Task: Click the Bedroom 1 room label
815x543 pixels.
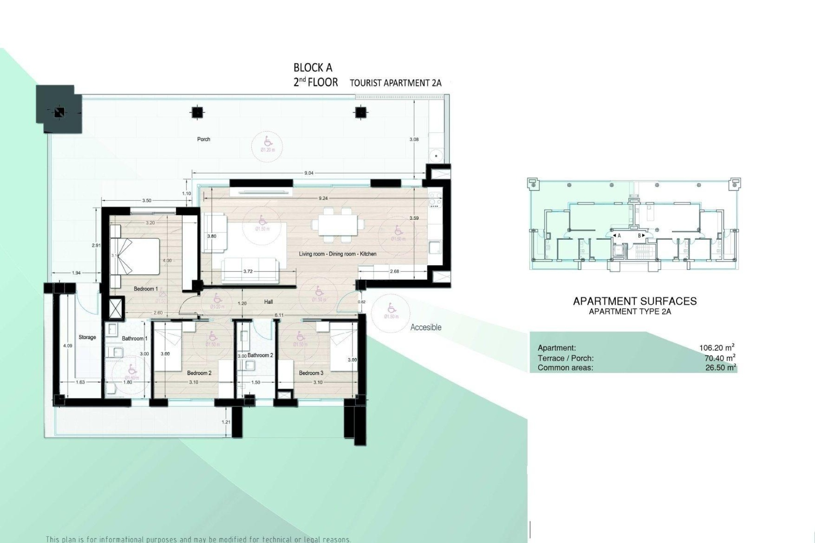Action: point(146,289)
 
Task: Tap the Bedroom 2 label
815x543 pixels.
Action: point(199,373)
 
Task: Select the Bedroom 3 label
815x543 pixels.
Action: point(311,373)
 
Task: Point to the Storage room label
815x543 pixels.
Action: point(87,337)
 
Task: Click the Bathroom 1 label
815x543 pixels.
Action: point(135,339)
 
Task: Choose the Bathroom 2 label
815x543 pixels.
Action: point(260,355)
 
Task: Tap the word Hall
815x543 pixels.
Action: point(268,302)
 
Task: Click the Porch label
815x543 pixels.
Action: point(204,139)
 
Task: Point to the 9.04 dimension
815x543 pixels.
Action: point(309,173)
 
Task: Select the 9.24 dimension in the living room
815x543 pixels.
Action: point(323,198)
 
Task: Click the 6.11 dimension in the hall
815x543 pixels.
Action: point(279,315)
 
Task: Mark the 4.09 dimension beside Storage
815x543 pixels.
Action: point(67,346)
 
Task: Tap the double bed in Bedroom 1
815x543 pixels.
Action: point(135,257)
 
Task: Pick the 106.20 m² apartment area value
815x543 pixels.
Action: point(717,348)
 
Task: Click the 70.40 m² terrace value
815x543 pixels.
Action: point(720,358)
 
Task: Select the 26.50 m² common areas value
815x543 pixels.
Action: point(720,368)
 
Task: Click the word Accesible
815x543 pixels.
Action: point(426,327)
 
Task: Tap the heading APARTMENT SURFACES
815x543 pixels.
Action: point(635,301)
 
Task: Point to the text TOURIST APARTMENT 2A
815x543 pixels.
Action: point(396,83)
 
